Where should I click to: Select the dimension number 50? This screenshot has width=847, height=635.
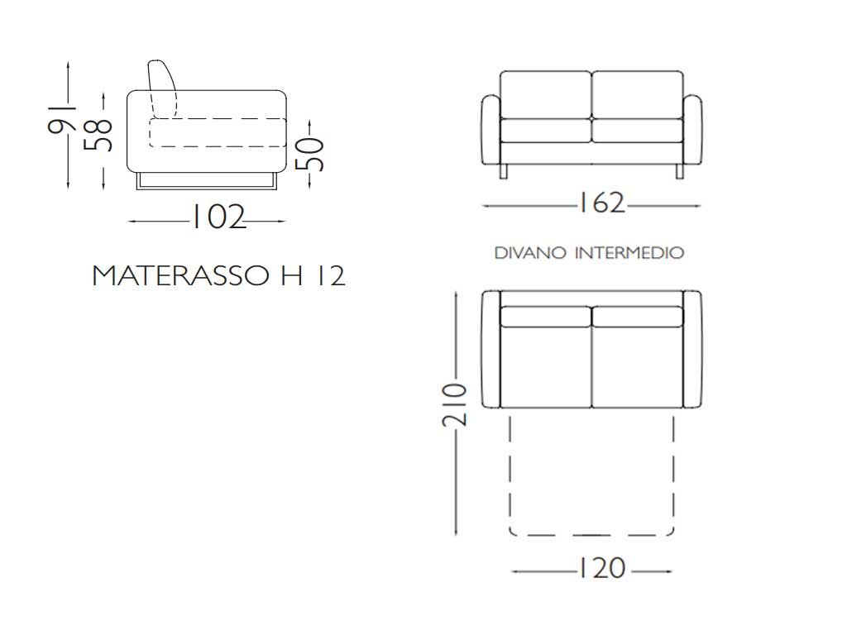point(310,154)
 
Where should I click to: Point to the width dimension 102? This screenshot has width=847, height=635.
point(219,217)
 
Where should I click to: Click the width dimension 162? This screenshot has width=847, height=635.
point(601,203)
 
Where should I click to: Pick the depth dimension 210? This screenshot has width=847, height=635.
point(454,405)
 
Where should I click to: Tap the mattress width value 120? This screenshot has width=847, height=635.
point(601,568)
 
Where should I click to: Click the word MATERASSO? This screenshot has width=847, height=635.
point(180,275)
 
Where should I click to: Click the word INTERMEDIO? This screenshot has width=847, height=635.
point(629,253)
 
